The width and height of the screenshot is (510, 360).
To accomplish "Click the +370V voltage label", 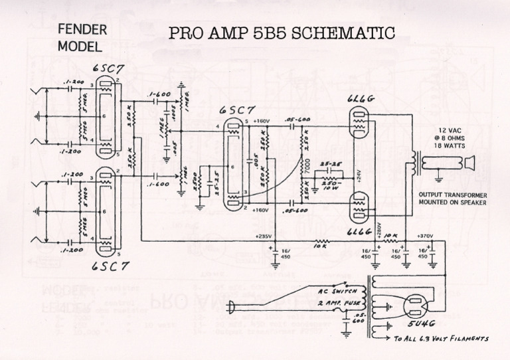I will click(x=425, y=236).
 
